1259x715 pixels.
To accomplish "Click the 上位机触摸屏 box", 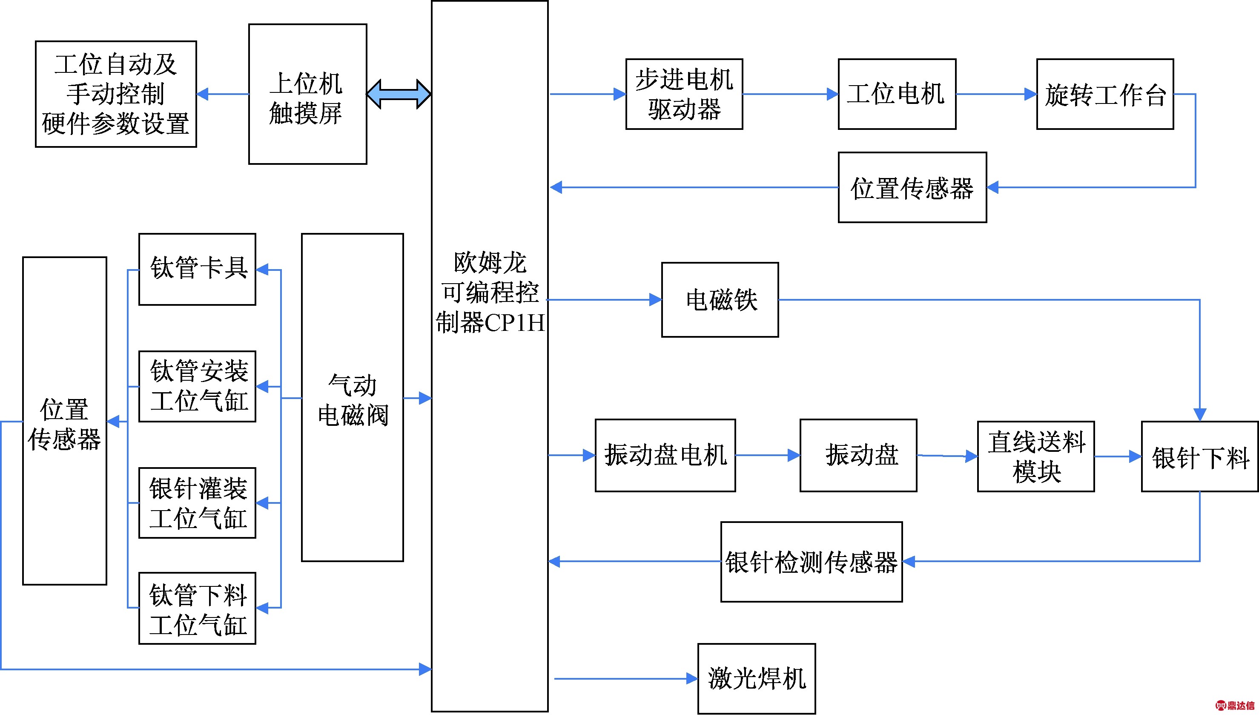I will click(307, 94).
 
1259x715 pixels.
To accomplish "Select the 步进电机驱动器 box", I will click(684, 94).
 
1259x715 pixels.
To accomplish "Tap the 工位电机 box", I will click(897, 94).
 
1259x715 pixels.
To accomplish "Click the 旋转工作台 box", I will click(1104, 94).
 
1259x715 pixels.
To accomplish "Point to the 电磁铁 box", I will click(720, 299).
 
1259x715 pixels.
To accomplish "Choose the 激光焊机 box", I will click(757, 679).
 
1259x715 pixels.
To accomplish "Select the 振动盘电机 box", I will click(665, 455).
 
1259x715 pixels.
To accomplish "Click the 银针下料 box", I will click(1200, 457).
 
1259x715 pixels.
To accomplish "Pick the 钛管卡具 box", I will click(197, 269).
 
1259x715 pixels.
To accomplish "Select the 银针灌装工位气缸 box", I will click(197, 503).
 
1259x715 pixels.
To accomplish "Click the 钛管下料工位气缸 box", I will click(197, 608).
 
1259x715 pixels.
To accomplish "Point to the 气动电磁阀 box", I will click(353, 398).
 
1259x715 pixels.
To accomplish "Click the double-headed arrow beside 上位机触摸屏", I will click(399, 94).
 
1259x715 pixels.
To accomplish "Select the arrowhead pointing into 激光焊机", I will click(692, 679).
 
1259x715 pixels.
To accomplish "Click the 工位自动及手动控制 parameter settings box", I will click(116, 94).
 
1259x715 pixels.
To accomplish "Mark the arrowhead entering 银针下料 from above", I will click(1200, 414).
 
